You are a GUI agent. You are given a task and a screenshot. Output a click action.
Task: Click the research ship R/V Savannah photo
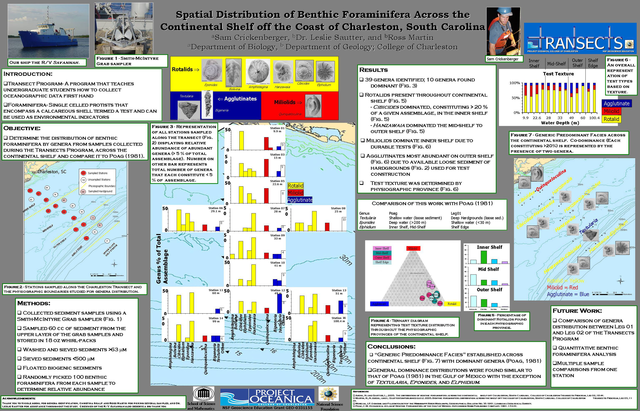pos(48,31)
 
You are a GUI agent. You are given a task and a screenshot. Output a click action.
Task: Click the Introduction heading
pos(28,74)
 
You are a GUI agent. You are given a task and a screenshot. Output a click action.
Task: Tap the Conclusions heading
pos(391,346)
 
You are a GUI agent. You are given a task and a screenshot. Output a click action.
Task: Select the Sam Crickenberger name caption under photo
pos(503,59)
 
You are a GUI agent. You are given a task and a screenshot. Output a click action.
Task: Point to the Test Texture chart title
pos(558,74)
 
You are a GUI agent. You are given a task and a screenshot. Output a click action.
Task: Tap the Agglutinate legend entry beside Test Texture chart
pos(616,104)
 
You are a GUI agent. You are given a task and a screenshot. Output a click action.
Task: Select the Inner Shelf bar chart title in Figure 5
pos(489,247)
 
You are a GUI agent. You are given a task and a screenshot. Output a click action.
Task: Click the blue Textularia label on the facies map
pos(588,226)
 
